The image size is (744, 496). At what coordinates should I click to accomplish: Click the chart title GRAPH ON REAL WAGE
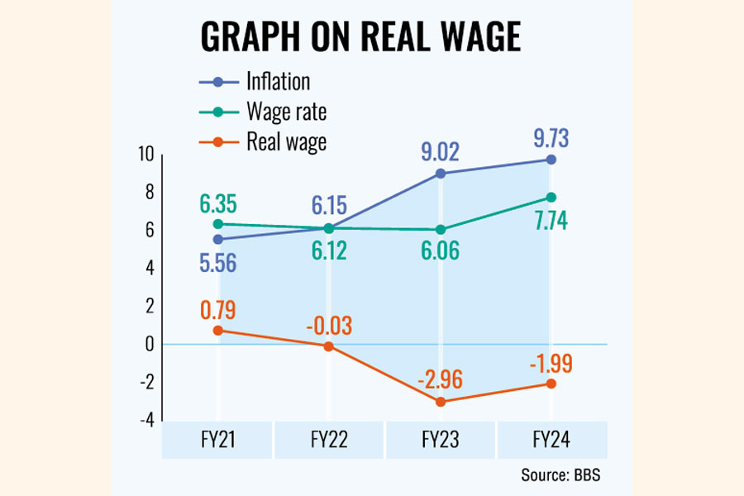click(x=361, y=37)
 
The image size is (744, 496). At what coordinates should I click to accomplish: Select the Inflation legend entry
click(x=278, y=81)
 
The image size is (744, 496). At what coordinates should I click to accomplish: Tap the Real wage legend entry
click(x=286, y=141)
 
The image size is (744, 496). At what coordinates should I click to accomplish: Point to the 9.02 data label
click(x=440, y=151)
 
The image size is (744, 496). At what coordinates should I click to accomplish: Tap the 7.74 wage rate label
click(x=551, y=222)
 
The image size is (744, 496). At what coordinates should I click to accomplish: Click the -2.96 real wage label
click(x=440, y=379)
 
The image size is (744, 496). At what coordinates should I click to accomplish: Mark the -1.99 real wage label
click(x=551, y=361)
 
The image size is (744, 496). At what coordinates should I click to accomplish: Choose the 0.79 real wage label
click(x=218, y=311)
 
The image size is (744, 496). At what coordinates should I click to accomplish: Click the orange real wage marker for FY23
click(x=441, y=402)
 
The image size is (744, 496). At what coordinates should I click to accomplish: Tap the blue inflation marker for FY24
click(x=551, y=160)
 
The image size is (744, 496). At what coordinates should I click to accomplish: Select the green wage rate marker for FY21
click(x=218, y=224)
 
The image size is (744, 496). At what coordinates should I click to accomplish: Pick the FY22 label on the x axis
click(x=329, y=441)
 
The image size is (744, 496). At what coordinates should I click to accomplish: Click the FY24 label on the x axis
click(x=551, y=441)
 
